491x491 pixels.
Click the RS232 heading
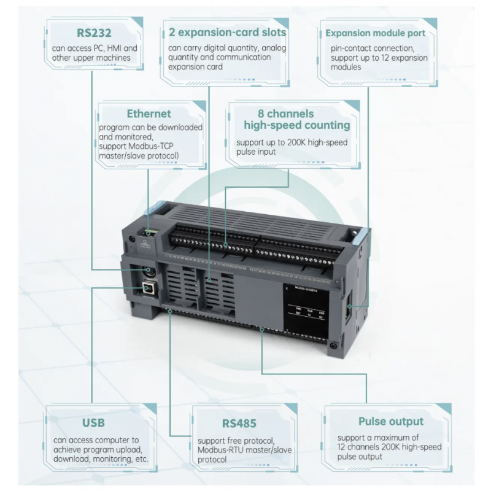91,33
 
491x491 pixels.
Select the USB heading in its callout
93,423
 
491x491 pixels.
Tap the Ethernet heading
149,114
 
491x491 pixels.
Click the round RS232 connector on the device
149,271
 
